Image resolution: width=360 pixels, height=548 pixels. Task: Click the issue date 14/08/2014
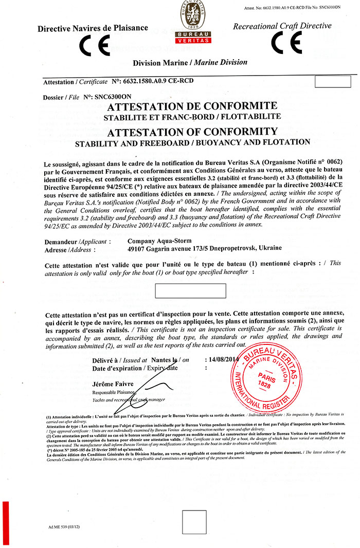[222, 360]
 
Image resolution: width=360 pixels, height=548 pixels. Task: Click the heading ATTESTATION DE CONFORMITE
[192, 107]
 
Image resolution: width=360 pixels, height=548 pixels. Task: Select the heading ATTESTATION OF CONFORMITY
[192, 131]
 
